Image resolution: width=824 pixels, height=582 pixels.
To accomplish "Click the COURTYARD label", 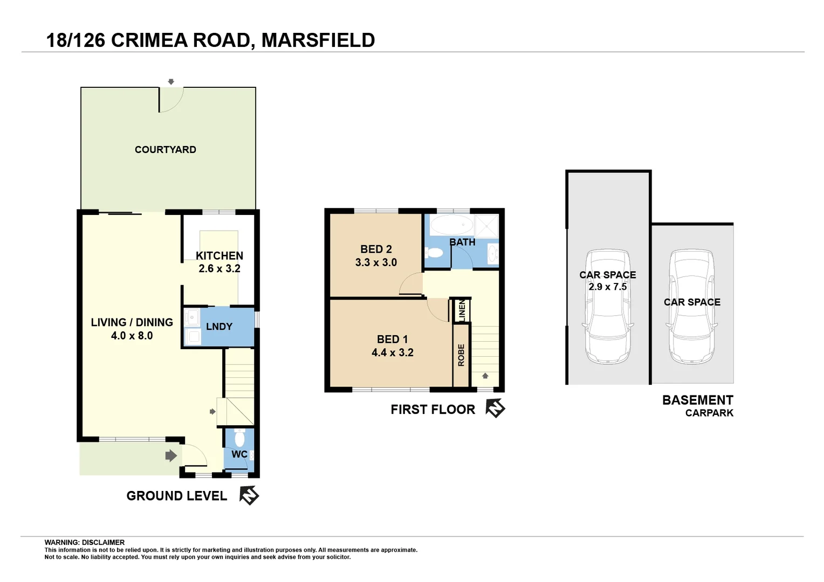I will coord(165,150).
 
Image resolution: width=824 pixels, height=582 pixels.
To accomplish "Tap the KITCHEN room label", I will coord(219,256).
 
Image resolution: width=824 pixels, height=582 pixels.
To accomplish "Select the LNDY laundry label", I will coord(219,327).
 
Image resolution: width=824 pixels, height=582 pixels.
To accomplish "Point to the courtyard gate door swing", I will coord(171,99).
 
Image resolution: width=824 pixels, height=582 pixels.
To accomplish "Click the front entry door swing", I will coord(194,455).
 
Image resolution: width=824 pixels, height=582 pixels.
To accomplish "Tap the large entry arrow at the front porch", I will coord(171,456).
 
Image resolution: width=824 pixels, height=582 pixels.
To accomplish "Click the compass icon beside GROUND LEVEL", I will coord(249,495).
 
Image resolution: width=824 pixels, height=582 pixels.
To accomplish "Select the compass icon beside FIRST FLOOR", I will coord(495,408).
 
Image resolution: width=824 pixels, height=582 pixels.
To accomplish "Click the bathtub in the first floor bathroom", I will coord(452,225).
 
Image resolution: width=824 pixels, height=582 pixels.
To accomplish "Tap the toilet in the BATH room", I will coord(434,253).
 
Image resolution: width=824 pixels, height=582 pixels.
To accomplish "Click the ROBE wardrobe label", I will coord(461,355).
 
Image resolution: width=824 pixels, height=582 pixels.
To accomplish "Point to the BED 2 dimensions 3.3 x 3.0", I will coord(376,262).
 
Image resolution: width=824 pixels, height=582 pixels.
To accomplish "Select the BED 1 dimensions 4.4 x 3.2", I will coord(392,352).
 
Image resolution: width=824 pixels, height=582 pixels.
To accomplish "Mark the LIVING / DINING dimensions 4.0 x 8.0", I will coord(132,336).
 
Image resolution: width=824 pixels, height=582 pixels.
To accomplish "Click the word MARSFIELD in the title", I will coord(318,40).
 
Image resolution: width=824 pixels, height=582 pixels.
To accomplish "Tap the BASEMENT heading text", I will coord(697,400).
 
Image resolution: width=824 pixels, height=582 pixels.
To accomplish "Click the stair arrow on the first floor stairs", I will coord(485,376).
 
